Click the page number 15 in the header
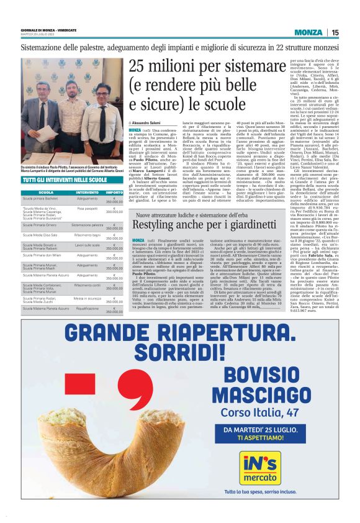coord(335,33)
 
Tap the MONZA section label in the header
coord(308,33)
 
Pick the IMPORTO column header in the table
coord(114,193)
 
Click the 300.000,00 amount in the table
coord(114,212)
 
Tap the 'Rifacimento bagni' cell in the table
coord(87,235)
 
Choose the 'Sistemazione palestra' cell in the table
coord(87,224)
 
